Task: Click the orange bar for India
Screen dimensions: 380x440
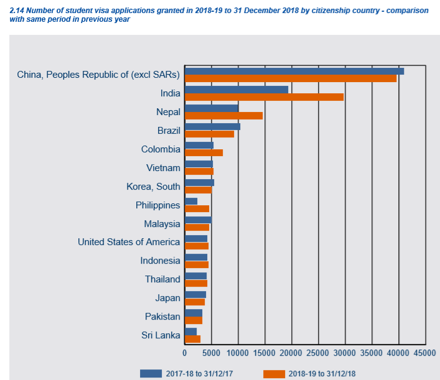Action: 264,97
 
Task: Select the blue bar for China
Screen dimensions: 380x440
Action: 294,71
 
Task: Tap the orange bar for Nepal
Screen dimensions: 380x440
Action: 223,116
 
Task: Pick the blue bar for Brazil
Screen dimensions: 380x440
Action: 212,127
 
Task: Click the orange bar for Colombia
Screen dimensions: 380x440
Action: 204,153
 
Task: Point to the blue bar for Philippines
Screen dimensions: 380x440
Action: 191,201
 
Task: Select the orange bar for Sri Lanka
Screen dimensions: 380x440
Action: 192,339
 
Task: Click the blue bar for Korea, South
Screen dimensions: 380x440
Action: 199,182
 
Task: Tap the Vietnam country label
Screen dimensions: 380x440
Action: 163,168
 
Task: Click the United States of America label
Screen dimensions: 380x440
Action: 129,242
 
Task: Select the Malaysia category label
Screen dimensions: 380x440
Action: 162,224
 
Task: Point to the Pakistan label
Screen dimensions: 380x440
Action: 162,317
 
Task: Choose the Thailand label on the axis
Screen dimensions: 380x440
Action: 162,279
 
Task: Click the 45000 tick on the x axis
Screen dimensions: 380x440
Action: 425,353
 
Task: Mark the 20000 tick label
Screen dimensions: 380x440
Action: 291,353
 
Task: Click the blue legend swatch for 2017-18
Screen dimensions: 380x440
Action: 151,373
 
